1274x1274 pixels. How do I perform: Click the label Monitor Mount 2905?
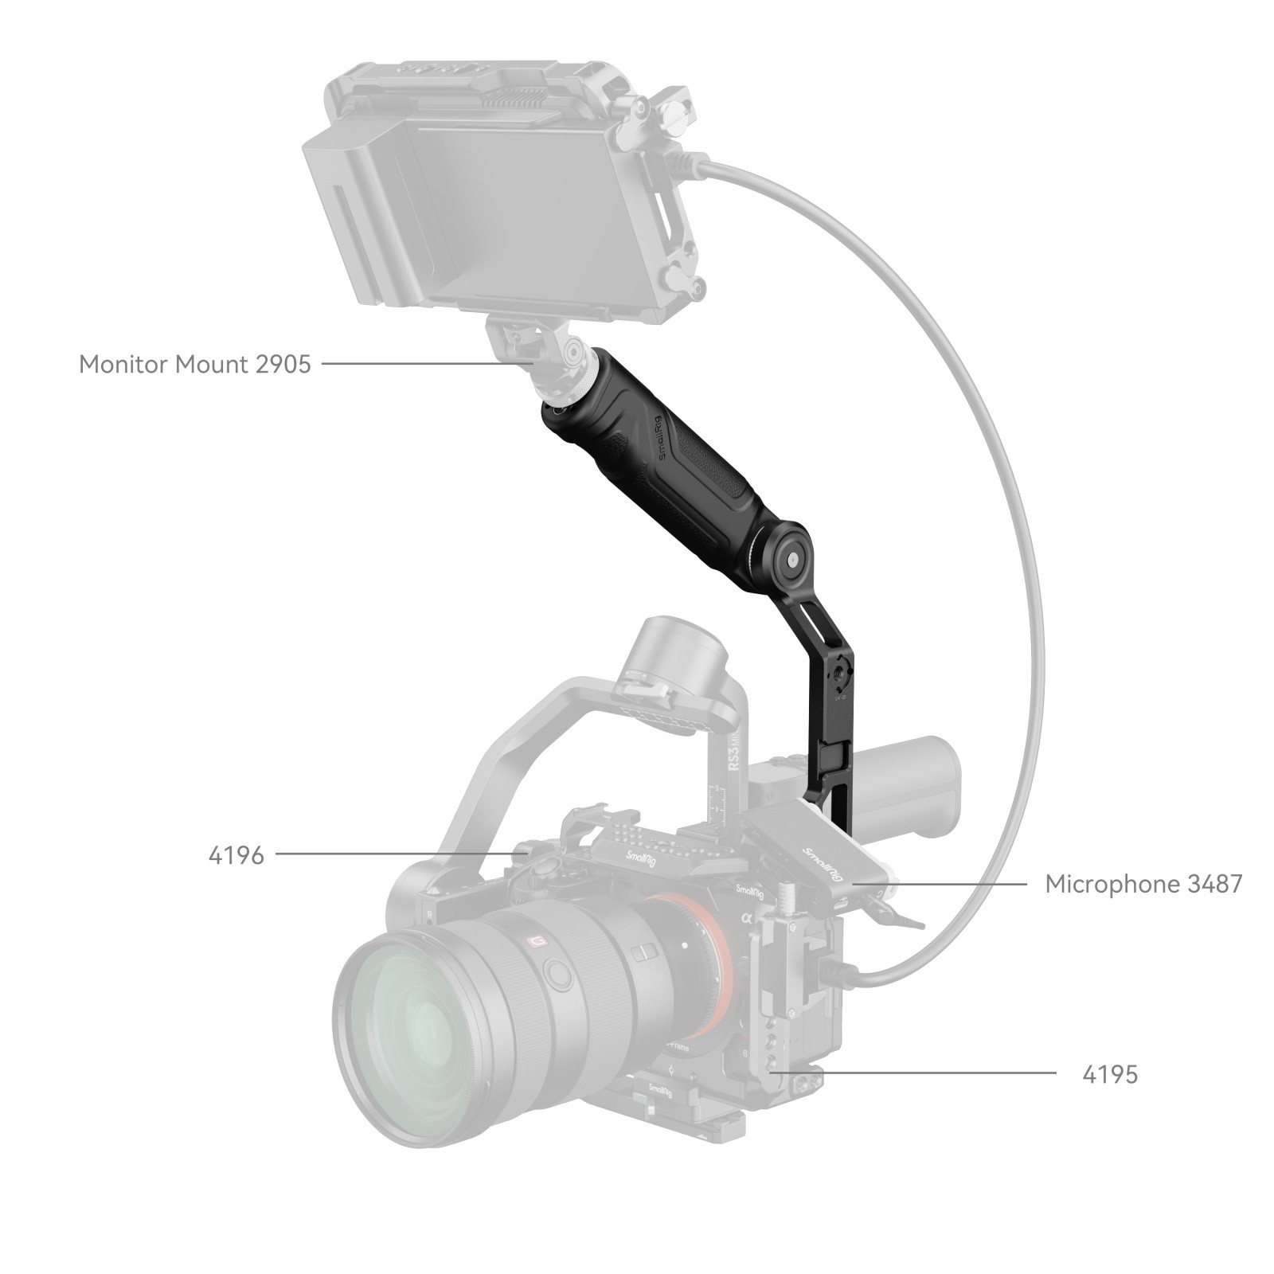(194, 365)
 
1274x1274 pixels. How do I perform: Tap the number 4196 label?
(236, 856)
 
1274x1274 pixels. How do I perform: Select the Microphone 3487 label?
(1143, 884)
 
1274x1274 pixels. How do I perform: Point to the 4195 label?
(1109, 1075)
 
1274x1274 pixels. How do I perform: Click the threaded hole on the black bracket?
(841, 678)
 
